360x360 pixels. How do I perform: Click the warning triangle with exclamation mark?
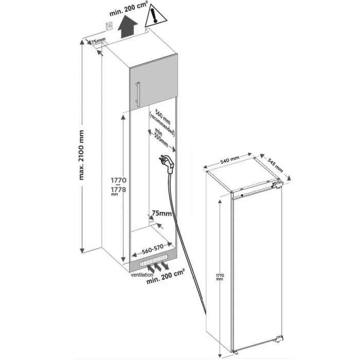coord(155,16)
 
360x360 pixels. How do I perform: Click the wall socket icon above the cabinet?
coord(109,26)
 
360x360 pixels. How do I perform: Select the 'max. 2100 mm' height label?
coord(81,155)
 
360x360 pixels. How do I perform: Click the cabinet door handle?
coord(137,94)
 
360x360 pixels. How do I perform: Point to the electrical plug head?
coord(167,164)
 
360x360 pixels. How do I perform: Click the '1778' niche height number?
coord(118,190)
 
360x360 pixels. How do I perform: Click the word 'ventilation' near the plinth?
coord(142,275)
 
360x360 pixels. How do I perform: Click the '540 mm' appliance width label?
coord(229,159)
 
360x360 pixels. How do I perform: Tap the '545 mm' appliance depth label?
coord(275,166)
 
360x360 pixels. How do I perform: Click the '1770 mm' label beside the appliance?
coord(220,277)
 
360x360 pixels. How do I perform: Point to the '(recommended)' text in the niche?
coord(162,124)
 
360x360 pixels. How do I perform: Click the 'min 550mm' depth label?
coord(160,137)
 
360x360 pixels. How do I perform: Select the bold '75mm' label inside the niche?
coord(162,213)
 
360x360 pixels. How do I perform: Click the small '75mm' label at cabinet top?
coord(98,42)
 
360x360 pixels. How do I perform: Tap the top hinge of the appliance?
coord(277,184)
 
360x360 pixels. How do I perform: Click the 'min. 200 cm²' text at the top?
coord(129,9)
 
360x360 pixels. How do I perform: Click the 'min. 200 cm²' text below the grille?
coord(166,277)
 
